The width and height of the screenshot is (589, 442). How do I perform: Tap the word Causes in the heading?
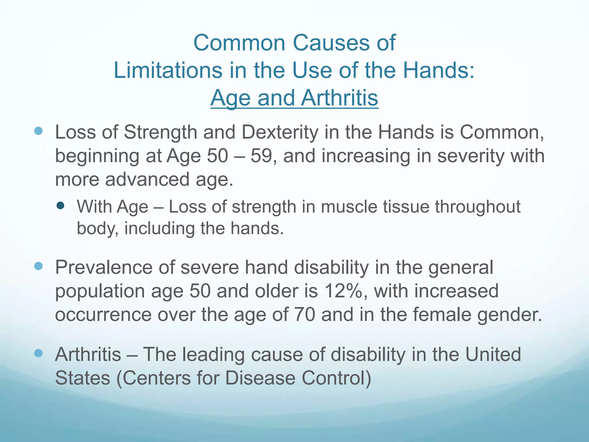click(331, 43)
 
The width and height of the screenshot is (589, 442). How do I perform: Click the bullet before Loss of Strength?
click(38, 131)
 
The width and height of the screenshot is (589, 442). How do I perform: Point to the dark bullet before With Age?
click(60, 205)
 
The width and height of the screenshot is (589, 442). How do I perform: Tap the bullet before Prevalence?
click(38, 266)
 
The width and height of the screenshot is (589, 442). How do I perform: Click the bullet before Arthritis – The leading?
click(38, 353)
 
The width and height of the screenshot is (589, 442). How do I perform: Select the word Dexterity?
click(280, 133)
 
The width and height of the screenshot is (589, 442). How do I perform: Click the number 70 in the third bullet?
click(305, 315)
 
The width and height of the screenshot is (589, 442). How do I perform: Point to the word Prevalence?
click(104, 268)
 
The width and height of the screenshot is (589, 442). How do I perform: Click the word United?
click(493, 355)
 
